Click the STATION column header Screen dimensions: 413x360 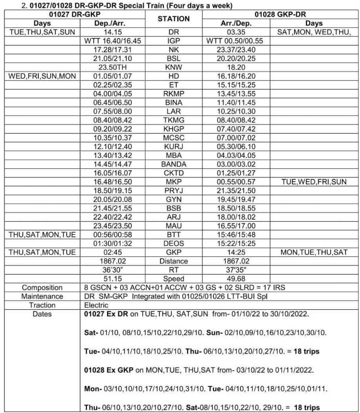point(173,19)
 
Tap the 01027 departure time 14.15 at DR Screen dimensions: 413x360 point(110,31)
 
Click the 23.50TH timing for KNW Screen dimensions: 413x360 point(110,67)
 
